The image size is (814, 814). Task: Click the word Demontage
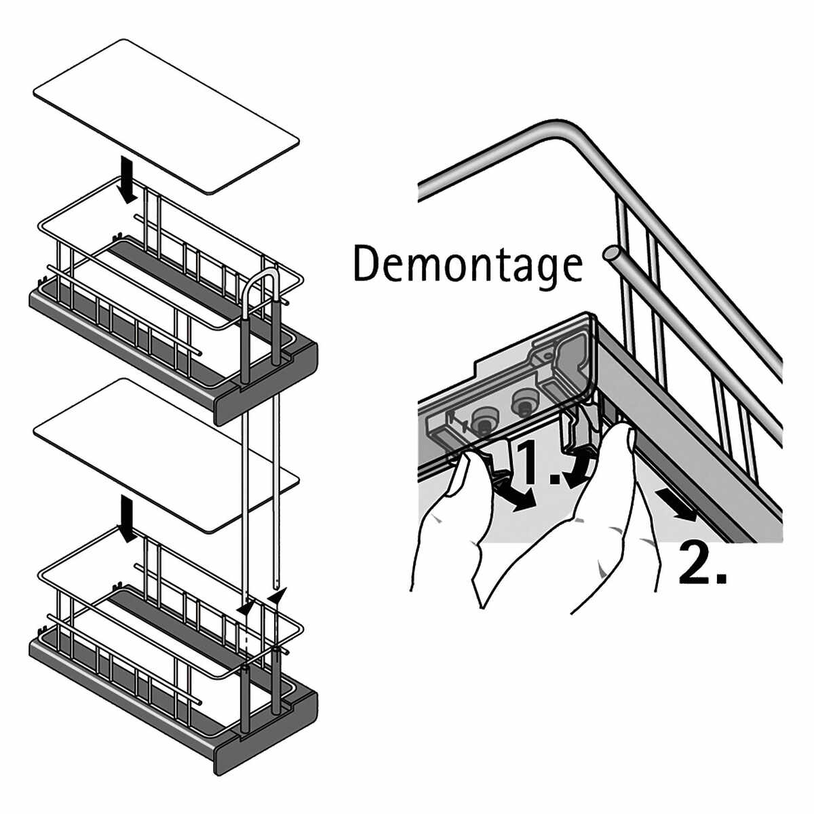click(x=467, y=265)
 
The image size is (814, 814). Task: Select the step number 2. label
click(x=703, y=562)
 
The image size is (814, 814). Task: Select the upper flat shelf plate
click(x=166, y=115)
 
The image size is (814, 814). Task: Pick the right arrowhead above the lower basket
click(x=277, y=596)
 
